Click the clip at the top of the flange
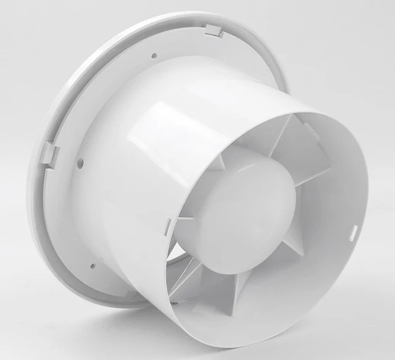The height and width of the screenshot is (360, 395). [214, 30]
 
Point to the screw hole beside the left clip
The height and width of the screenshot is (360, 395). [80, 163]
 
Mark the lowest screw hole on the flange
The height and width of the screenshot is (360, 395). [93, 266]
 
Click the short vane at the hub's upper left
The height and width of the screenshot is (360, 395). [218, 162]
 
